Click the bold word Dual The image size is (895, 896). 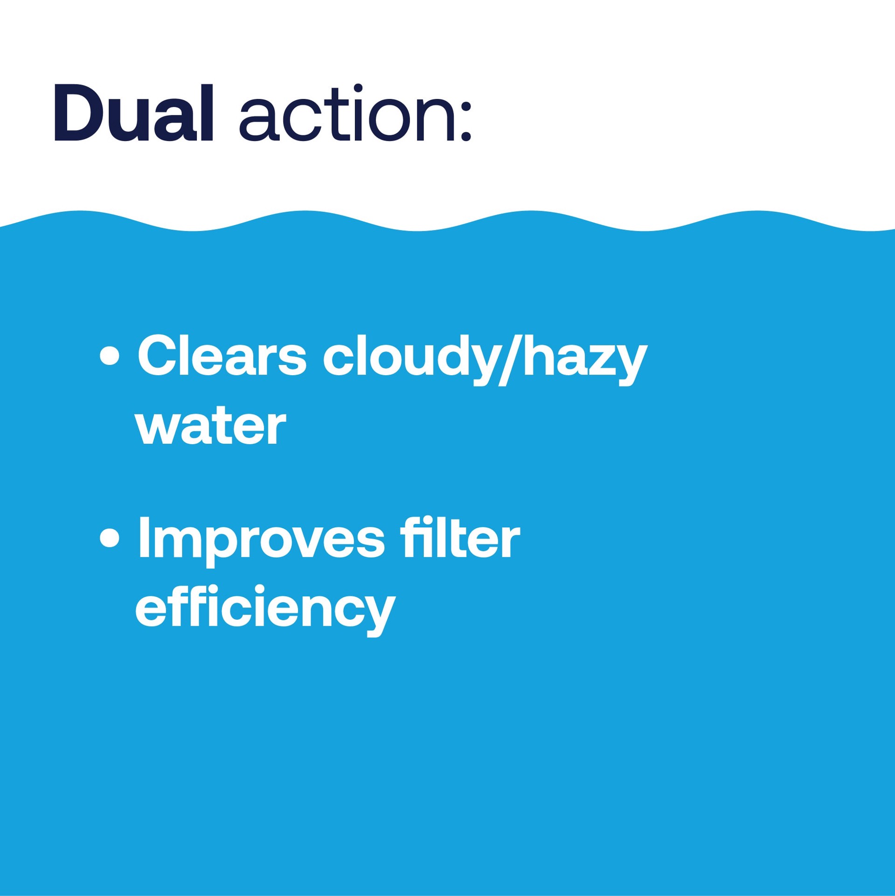(134, 113)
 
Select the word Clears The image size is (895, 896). (222, 357)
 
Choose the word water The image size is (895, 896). (210, 426)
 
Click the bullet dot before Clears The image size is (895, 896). (110, 357)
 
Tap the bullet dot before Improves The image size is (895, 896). (110, 538)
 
